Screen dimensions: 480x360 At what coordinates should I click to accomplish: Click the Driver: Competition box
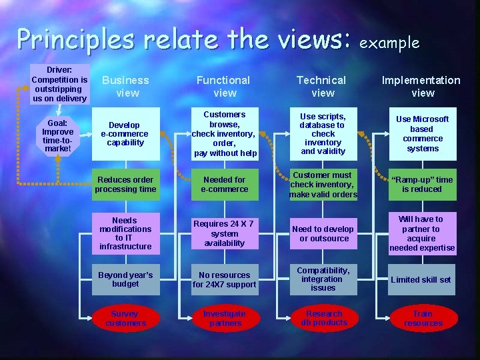coord(60,84)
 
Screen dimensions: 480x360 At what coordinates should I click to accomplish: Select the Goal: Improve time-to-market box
coord(58,135)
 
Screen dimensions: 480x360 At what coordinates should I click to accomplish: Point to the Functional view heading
coord(224,86)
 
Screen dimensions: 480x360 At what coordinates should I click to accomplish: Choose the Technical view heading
coord(323,86)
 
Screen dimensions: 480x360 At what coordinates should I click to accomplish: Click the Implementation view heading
coord(422,86)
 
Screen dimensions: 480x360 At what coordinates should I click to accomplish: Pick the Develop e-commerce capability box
coord(125,133)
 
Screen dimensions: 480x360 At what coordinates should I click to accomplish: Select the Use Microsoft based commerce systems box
coord(423,133)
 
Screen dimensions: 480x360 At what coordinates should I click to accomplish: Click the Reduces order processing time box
coord(125,185)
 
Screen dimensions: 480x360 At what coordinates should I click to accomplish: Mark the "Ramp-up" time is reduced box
coord(423,185)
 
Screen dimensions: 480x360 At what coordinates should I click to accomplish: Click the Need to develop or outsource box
coord(324,233)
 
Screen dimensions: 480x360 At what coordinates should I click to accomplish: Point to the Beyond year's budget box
coord(125,279)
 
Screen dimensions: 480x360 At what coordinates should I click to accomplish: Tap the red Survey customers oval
coord(125,319)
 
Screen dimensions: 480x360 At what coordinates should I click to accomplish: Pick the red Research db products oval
coord(324,318)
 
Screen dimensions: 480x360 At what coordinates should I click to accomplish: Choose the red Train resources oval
coord(423,319)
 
